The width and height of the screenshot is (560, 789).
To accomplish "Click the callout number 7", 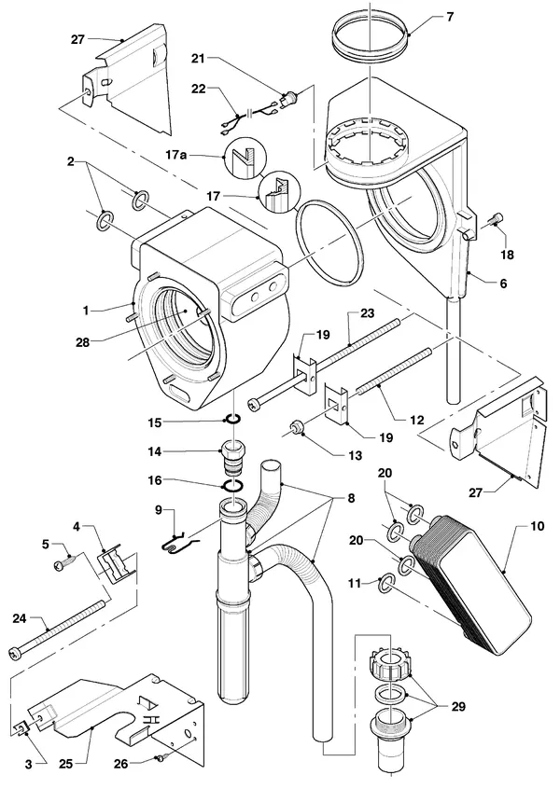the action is [x=450, y=17].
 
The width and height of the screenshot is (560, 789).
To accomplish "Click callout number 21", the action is [x=198, y=59].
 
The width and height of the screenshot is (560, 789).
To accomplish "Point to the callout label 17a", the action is [x=175, y=155].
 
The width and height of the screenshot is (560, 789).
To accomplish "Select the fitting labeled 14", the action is [x=232, y=455].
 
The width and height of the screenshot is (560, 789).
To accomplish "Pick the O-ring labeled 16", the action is [x=233, y=486].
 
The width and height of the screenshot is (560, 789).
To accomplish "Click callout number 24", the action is [x=20, y=618].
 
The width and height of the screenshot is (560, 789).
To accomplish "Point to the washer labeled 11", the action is [x=385, y=583].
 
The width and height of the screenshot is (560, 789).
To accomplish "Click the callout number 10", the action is [x=538, y=526].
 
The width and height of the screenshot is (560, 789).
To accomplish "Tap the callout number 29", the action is [x=458, y=707].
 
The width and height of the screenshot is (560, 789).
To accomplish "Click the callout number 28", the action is [x=82, y=342].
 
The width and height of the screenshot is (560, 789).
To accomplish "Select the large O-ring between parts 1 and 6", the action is [x=330, y=242].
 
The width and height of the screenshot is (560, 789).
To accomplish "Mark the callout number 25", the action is [x=65, y=764].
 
